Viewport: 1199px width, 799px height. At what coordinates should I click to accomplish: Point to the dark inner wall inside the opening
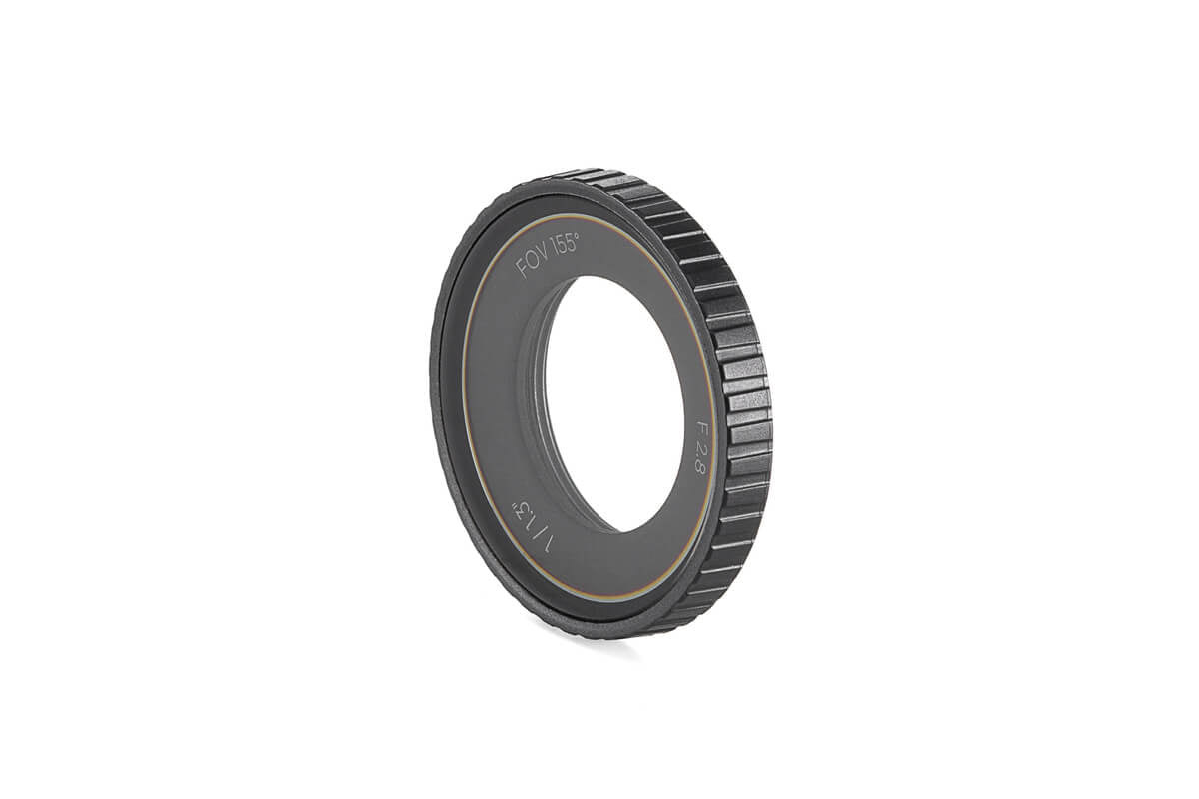click(x=536, y=399)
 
